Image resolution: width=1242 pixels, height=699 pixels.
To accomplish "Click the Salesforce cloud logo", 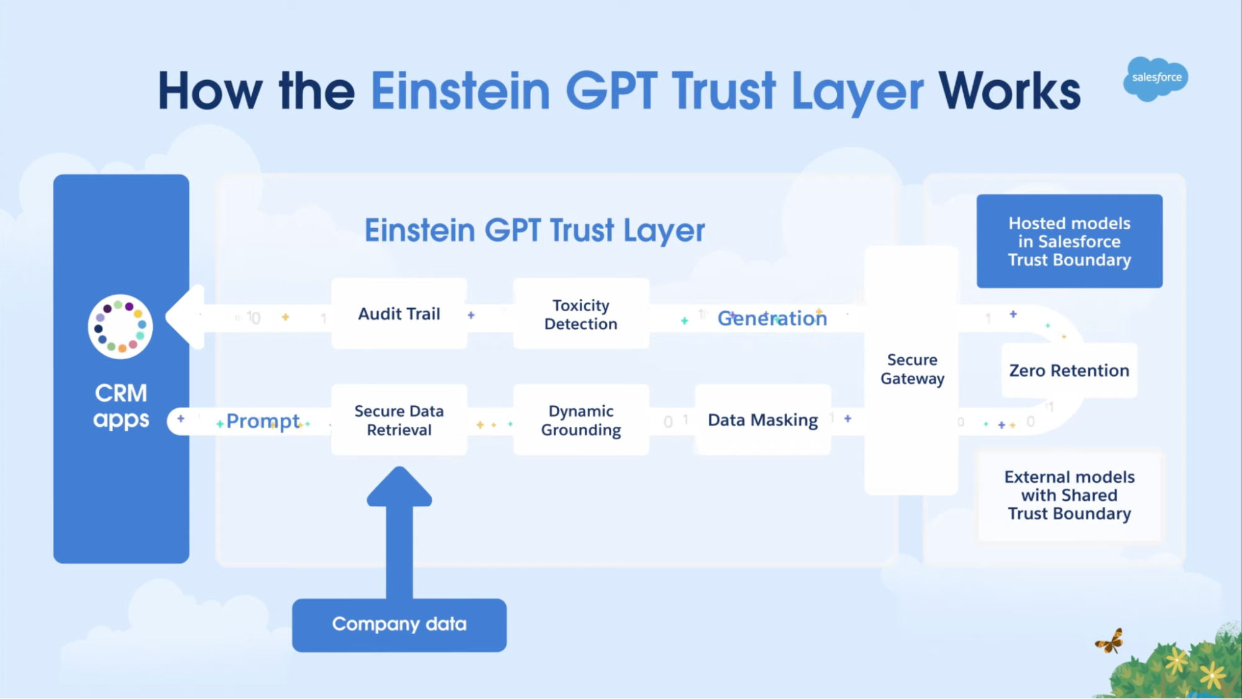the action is (x=1155, y=78).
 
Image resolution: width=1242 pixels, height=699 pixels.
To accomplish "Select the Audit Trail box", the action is (x=399, y=314).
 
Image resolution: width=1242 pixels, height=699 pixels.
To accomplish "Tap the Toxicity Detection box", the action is (x=581, y=314).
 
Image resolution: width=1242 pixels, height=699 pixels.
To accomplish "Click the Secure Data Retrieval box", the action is (x=399, y=420).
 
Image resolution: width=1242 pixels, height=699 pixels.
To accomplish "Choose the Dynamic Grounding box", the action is (x=581, y=420).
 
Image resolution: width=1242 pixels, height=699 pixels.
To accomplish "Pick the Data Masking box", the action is (x=763, y=420).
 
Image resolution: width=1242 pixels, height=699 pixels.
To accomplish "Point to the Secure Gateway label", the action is (x=912, y=369).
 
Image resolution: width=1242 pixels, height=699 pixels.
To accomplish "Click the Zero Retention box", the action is (x=1069, y=370).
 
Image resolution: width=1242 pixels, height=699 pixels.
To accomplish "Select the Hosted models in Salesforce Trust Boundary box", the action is (x=1069, y=241).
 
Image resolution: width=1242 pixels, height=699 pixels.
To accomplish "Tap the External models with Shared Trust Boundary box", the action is (x=1069, y=495).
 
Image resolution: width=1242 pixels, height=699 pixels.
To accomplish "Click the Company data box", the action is (x=399, y=625).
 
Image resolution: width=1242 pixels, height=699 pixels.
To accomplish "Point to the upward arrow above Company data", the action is (x=399, y=532).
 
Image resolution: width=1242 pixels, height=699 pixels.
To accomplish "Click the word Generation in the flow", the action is (x=772, y=318).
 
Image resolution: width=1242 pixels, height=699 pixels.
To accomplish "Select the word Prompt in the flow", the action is (x=263, y=421).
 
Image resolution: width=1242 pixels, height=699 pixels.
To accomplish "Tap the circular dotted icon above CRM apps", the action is (x=121, y=327).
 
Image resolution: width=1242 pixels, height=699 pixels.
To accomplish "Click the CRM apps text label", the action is (x=121, y=406).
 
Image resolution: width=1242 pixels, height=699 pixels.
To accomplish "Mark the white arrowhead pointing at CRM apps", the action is (x=186, y=317).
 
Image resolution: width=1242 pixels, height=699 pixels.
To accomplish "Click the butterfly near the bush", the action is (x=1110, y=641).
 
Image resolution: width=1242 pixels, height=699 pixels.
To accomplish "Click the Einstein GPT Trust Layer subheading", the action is (x=534, y=231).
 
